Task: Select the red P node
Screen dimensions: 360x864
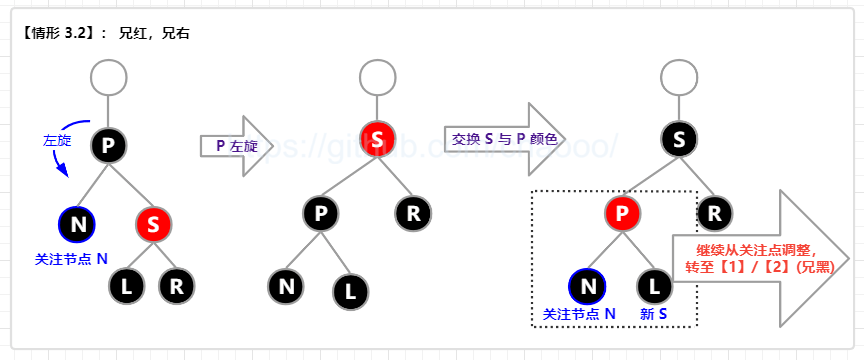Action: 623,213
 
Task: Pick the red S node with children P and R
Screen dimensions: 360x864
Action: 376,140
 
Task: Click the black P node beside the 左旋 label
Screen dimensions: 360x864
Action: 108,146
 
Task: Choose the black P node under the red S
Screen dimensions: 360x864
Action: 321,213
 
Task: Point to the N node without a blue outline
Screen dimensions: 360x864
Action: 287,287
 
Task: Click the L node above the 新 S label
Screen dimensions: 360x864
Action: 654,287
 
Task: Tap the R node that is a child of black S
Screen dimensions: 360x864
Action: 712,212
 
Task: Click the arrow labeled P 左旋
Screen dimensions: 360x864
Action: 236,146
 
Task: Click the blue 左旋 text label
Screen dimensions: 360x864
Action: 56,141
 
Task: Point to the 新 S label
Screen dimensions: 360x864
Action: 653,314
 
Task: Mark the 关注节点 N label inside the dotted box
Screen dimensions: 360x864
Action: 579,314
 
